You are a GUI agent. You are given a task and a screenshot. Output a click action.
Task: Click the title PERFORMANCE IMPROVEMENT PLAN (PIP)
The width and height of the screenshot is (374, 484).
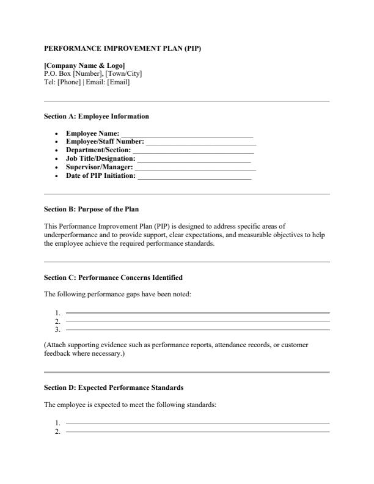point(123,48)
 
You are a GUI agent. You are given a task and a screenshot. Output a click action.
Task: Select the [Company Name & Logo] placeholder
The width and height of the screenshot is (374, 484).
point(85,65)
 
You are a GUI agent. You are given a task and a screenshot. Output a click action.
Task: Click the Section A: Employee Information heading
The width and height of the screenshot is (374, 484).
point(97,116)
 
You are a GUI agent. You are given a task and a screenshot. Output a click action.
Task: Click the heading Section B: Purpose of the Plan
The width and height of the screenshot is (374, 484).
point(92,209)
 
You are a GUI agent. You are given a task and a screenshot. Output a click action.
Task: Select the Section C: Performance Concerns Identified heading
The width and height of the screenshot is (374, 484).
point(114,277)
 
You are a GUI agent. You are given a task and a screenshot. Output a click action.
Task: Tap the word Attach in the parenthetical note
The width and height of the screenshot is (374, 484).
point(56,345)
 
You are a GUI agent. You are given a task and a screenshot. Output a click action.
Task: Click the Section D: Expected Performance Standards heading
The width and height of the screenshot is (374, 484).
point(114,387)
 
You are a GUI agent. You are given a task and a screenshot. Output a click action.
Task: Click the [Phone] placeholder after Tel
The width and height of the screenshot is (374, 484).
point(68,82)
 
